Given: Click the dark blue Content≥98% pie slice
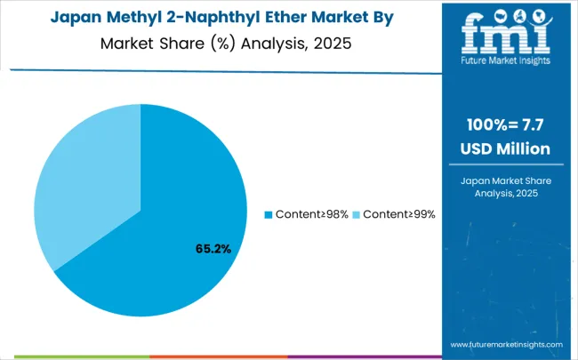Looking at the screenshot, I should click(178, 240).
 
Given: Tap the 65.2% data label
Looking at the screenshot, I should click(213, 249).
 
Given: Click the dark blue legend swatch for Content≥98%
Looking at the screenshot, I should click(269, 215).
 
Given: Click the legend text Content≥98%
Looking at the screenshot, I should click(311, 215).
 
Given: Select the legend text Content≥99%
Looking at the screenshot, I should click(397, 215).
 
